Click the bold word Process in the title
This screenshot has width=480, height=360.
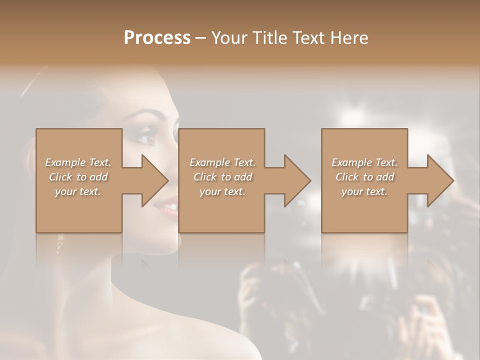pyautogui.click(x=157, y=38)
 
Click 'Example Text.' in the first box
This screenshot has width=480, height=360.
pyautogui.click(x=78, y=162)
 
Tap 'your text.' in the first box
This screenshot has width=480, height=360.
pyautogui.click(x=78, y=191)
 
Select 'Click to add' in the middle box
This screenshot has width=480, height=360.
pyautogui.click(x=222, y=177)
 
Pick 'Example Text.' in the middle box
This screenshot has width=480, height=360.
pyautogui.click(x=222, y=162)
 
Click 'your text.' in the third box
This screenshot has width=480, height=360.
pyautogui.click(x=364, y=191)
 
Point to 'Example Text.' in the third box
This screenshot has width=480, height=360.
pyautogui.click(x=364, y=162)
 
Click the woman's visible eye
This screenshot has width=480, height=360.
pyautogui.click(x=145, y=138)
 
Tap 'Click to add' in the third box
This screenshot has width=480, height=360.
pyautogui.click(x=364, y=177)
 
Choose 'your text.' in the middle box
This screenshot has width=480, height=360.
pyautogui.click(x=222, y=191)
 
